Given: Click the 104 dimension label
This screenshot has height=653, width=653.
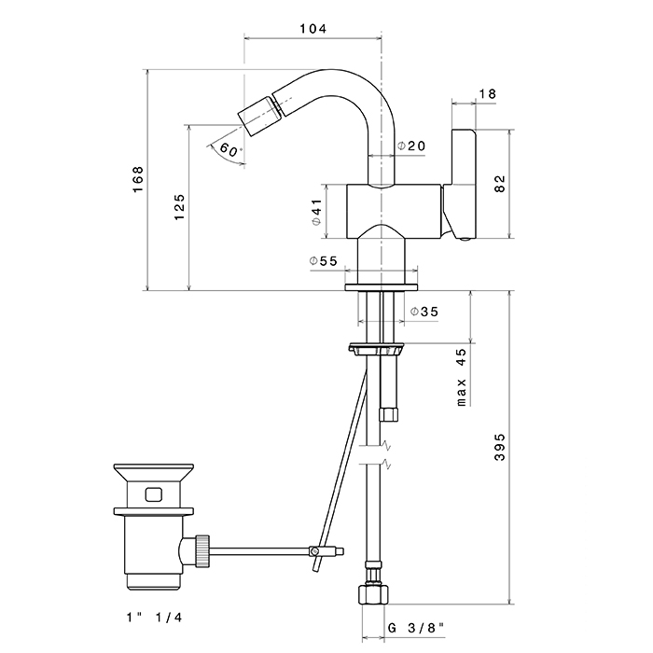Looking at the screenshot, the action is point(313,28).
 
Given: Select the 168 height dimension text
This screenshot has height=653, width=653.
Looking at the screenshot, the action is point(138,179).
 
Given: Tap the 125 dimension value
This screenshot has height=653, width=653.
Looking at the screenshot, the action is point(179,207).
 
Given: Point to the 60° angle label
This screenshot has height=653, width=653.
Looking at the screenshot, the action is point(230,149).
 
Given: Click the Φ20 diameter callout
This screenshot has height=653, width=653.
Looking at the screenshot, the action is point(411,146).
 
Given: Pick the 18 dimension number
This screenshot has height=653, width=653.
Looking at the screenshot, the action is point(487,93).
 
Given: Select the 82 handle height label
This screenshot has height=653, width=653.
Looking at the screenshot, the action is point(500,184).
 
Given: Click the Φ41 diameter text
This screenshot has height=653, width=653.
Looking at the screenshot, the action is point(317,212).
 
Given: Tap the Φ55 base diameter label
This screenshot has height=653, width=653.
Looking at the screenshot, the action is point(323,261).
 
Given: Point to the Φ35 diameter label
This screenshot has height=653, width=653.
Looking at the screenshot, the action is point(424,312).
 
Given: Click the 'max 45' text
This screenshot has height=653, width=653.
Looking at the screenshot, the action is point(462,377).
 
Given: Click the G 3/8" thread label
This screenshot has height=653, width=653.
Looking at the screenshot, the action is point(416,628).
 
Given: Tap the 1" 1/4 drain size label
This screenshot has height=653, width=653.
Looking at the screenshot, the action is point(155,618).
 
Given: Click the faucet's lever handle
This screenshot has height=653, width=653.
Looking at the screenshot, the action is point(463,184).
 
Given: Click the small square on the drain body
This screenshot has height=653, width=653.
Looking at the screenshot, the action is point(153,494).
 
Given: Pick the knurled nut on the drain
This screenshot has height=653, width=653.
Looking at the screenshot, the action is point(202,551).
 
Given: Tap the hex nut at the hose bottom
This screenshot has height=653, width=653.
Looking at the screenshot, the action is point(373,595).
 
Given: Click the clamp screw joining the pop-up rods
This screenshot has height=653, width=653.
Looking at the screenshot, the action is point(315,551).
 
